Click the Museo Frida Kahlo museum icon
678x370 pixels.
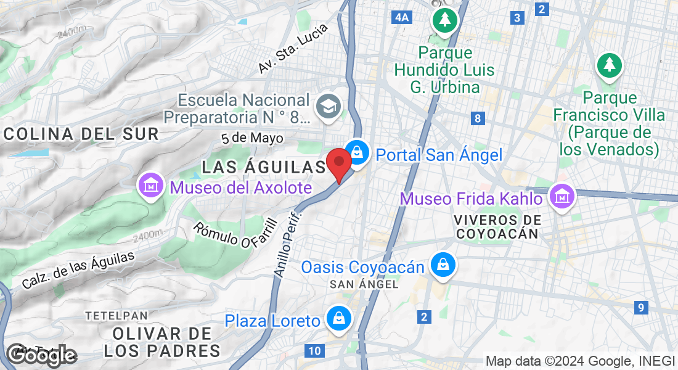pyautogui.click(x=562, y=197)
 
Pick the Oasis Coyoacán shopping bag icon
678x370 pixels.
pyautogui.click(x=443, y=265)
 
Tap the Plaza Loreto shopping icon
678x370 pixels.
pyautogui.click(x=338, y=319)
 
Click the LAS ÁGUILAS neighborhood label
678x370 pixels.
pyautogui.click(x=264, y=166)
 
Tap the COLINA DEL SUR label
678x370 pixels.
pyautogui.click(x=81, y=133)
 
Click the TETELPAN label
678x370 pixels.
pyautogui.click(x=116, y=315)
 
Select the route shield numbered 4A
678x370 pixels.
pyautogui.click(x=401, y=18)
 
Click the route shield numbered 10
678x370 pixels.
pyautogui.click(x=314, y=351)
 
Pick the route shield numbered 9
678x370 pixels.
pyautogui.click(x=642, y=307)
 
